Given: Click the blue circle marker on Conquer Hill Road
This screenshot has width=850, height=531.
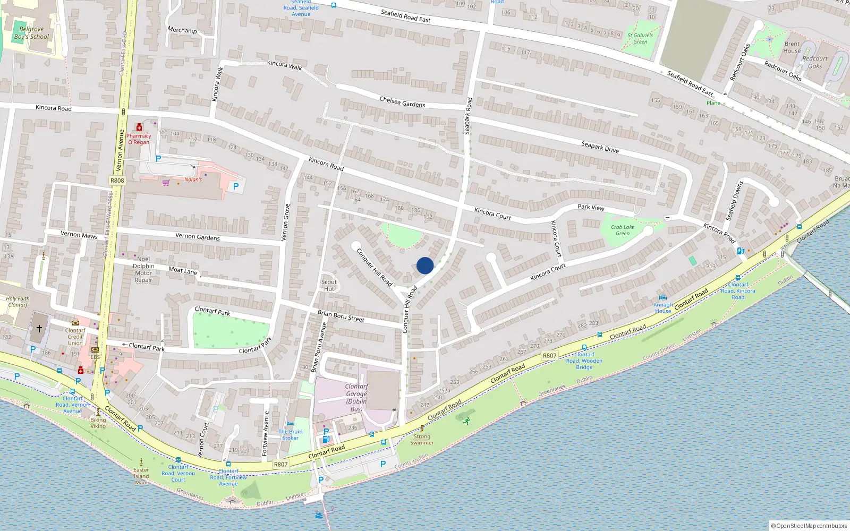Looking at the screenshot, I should coord(425,265).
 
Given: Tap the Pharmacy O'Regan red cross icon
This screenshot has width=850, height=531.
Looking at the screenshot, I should coord(139,127).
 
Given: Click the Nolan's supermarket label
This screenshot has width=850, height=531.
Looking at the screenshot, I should coord(193,179).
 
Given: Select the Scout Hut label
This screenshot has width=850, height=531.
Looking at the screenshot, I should coord(329,286).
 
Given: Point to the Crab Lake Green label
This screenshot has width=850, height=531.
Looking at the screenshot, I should coord(623,230).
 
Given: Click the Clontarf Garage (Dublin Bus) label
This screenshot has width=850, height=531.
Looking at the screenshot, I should coord(356,398).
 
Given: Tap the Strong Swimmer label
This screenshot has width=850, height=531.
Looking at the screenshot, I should coord(422,440).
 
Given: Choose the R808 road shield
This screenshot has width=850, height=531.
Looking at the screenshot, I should coord(117,181).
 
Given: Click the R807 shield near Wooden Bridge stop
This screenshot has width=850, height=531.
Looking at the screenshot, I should coord(550,356).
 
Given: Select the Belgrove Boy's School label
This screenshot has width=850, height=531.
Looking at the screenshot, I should coord(31,33).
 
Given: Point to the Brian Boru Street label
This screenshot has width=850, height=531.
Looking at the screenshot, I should coord(341,316).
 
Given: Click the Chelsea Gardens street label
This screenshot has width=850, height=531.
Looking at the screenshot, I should coord(402,101).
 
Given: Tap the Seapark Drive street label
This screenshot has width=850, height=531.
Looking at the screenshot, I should coord(600,147).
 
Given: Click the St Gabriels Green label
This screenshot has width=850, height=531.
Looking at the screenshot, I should coord(640,39).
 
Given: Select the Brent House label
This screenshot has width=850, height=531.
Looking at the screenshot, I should coord(792,47).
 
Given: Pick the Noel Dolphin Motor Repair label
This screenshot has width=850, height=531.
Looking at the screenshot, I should coord(143,270).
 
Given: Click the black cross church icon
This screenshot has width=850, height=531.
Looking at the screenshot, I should coord(39,329).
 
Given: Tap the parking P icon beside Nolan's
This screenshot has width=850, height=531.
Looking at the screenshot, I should coord(236,186).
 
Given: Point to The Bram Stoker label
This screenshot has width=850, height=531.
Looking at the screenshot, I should coord(291,435).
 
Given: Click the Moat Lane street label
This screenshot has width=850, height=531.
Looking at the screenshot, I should coord(183,270).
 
